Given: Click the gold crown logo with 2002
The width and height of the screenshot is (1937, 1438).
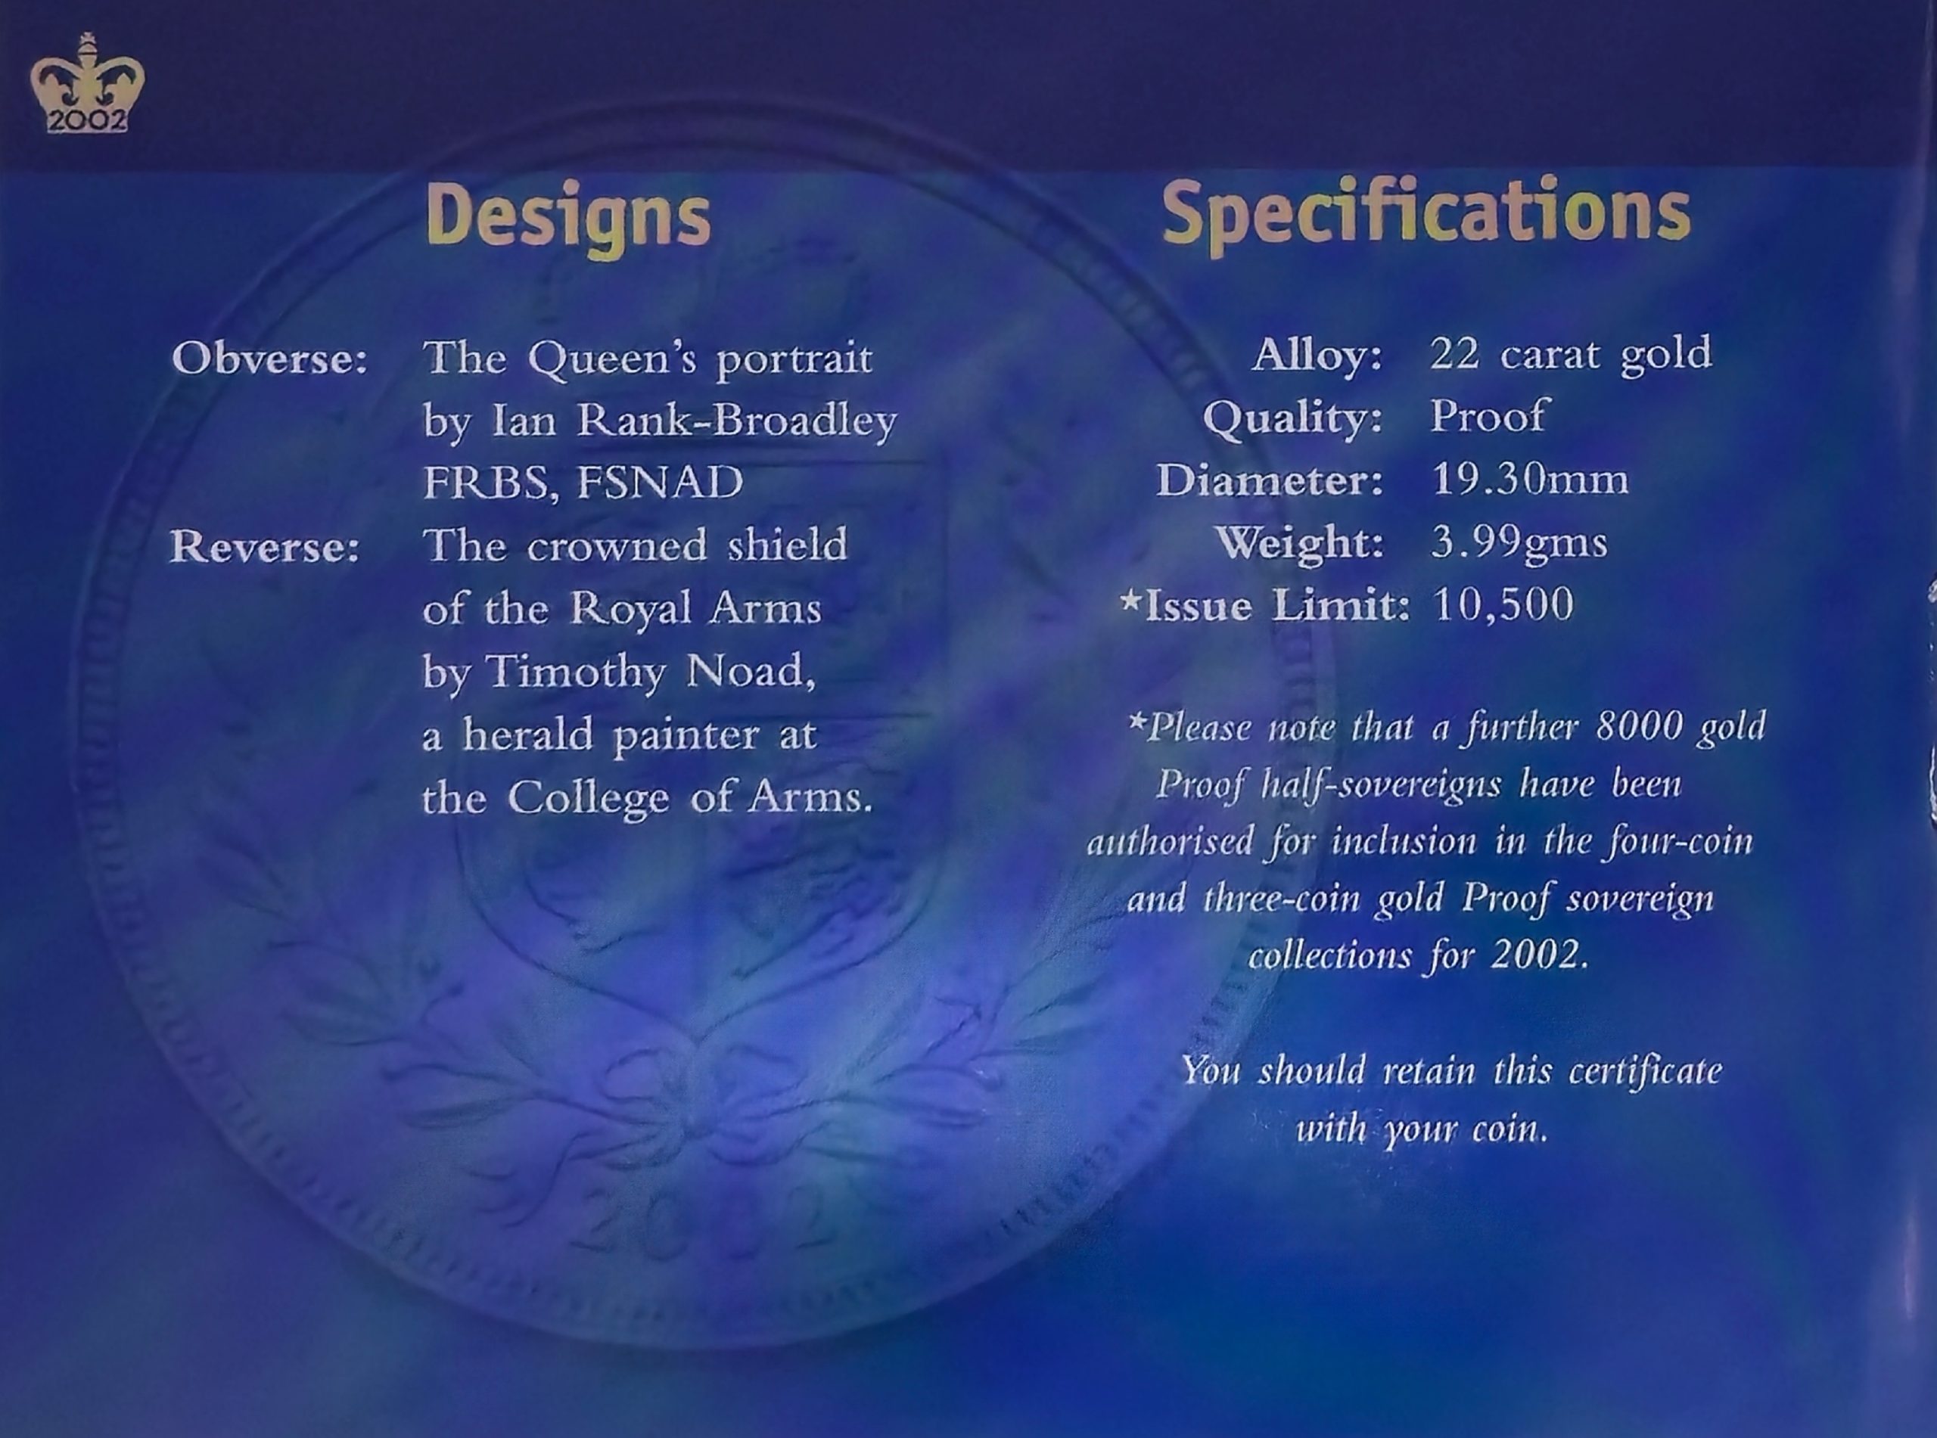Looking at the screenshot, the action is (87, 83).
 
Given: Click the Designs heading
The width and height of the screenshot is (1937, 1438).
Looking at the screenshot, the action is (568, 217).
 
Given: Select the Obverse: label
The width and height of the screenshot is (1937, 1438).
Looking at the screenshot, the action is (270, 359).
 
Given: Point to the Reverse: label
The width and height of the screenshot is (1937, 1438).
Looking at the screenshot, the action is (265, 547).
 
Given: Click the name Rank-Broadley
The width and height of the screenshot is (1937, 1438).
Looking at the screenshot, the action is (736, 421).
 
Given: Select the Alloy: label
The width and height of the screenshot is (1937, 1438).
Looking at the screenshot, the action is (1317, 355).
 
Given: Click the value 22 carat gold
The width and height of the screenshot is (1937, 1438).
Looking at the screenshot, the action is (1572, 354).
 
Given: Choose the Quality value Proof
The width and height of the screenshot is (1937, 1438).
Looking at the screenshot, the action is (1488, 416).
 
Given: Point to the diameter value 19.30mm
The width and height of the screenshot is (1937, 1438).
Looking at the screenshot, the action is (1530, 479).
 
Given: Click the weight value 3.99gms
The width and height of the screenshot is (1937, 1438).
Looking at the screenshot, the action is (1519, 543).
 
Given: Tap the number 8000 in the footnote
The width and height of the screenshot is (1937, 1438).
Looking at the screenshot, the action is (1637, 726).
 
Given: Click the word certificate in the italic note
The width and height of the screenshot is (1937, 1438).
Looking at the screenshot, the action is (1646, 1070).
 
